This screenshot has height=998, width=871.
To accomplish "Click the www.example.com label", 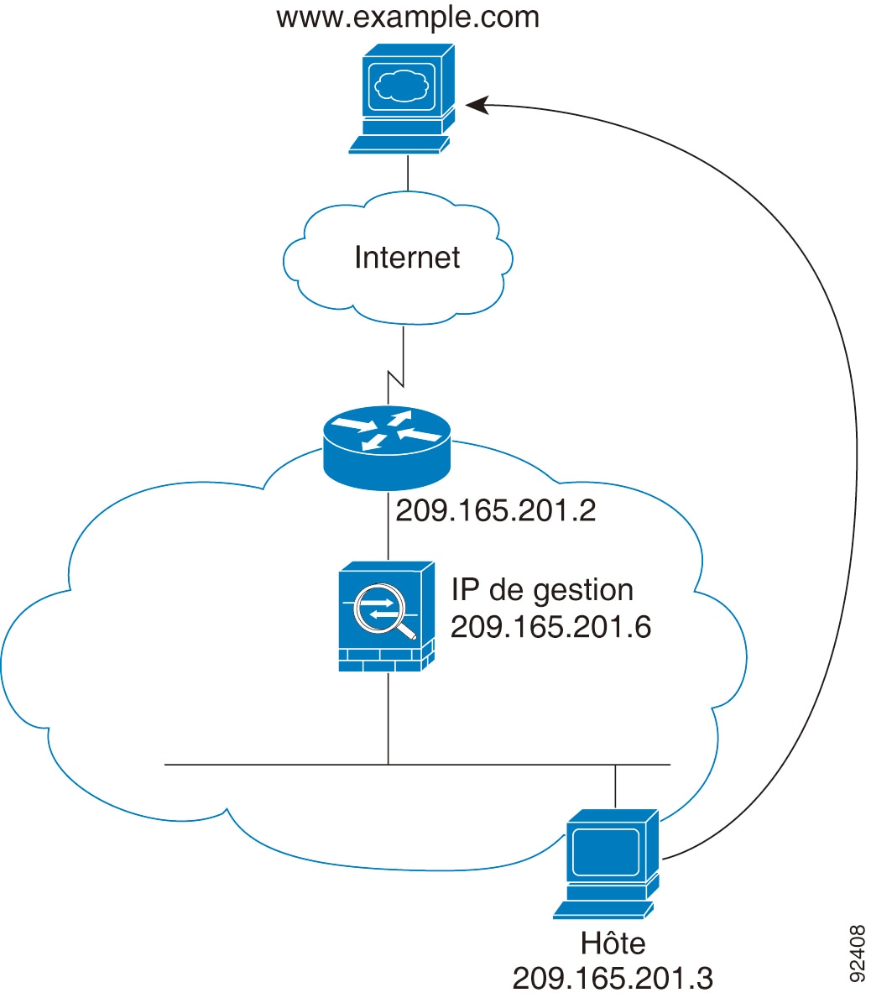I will (408, 17).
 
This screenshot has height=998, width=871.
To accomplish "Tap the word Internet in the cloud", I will (407, 257).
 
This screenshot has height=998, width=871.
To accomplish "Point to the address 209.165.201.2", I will (495, 510).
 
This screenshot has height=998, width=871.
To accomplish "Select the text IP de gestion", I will (542, 590).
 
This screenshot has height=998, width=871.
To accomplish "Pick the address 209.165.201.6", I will (550, 626).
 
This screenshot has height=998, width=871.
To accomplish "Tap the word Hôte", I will (613, 943).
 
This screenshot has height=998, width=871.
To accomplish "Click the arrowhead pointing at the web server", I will (477, 105).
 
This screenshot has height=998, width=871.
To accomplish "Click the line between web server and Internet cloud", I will (408, 173).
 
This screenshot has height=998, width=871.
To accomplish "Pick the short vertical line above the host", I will (616, 786).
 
